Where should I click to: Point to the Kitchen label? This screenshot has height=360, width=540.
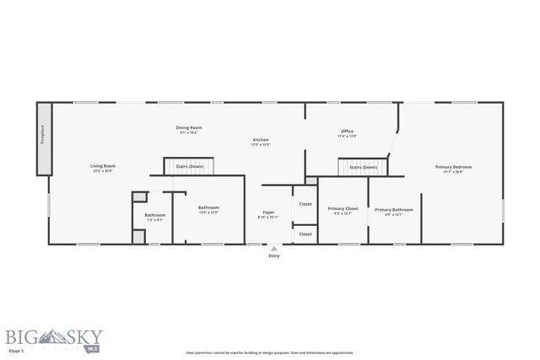click(261, 142)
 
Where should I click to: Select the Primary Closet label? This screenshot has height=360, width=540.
click(343, 210)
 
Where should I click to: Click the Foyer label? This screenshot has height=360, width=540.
click(267, 214)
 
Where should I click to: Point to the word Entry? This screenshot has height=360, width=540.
click(273, 255)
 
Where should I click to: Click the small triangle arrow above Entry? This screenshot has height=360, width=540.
click(273, 249)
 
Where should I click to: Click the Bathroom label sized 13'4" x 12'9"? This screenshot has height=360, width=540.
click(208, 209)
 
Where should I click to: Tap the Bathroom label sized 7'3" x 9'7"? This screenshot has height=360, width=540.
click(154, 217)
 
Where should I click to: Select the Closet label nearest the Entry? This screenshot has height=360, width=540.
click(305, 234)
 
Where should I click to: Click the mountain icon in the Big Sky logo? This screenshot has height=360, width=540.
click(48, 334)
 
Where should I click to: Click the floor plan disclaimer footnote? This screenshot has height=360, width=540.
click(270, 352)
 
